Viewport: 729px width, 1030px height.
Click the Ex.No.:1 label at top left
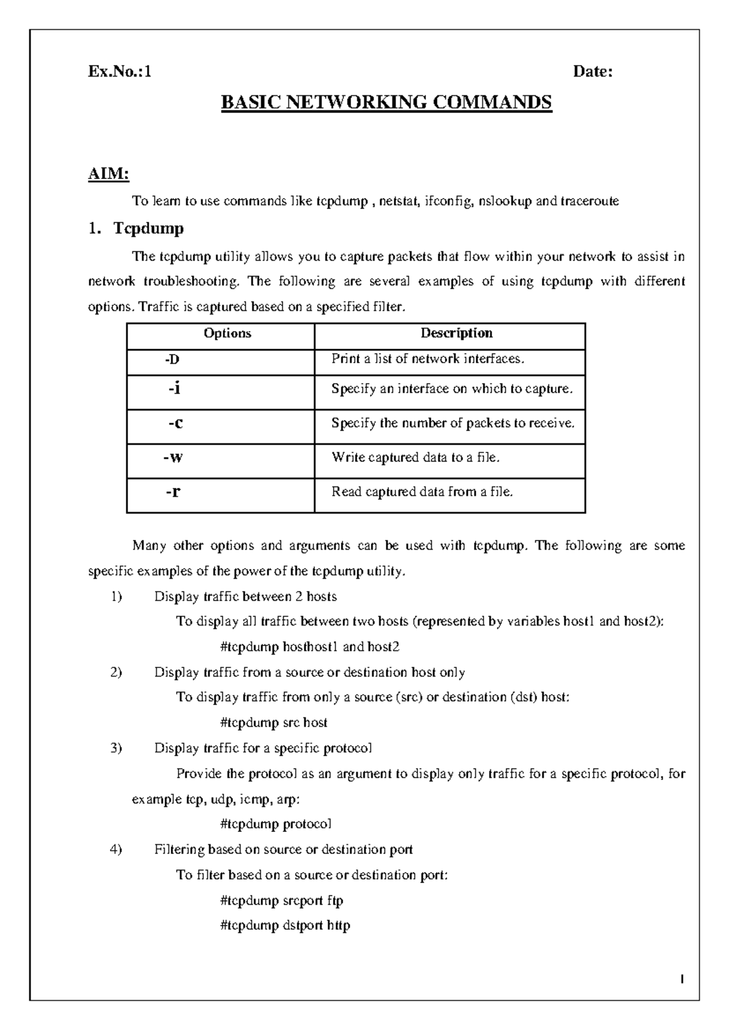pos(120,72)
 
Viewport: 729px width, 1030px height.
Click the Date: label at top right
pos(593,72)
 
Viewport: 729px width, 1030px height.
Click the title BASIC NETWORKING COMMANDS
pos(386,102)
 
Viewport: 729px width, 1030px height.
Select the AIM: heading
pos(109,175)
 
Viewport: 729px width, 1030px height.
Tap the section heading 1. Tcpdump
pos(136,229)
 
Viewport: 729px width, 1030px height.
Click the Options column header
pos(227,333)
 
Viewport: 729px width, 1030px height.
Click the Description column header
pos(456,333)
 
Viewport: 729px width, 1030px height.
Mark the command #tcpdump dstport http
pos(285,926)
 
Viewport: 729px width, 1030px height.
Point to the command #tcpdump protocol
pos(276,824)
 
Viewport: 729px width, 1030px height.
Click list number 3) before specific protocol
pos(117,748)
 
